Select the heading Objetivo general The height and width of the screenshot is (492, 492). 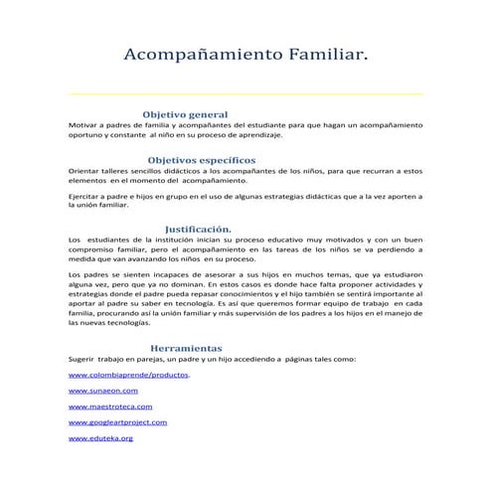point(186,114)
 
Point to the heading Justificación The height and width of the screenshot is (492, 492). point(198,229)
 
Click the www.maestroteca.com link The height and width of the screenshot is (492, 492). point(110,407)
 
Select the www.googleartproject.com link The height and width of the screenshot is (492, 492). point(117,422)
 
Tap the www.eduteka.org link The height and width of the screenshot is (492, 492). point(100,437)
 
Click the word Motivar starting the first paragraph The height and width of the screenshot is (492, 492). point(82,126)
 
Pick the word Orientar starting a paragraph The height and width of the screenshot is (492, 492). point(83,171)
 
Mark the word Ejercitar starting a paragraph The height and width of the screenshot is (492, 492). point(84,197)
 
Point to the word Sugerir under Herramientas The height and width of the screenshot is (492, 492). point(82,359)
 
